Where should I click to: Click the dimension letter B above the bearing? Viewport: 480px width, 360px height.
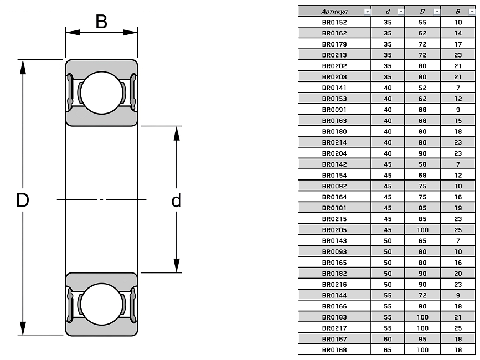(101, 22)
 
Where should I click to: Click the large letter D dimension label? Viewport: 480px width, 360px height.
(22, 200)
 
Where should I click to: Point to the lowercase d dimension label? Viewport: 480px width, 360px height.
(176, 200)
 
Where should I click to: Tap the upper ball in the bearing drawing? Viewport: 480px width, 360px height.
(102, 92)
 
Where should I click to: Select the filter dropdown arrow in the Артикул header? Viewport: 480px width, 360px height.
(367, 11)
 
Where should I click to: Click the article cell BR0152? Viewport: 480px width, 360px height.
(334, 22)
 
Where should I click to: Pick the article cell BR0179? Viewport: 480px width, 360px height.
(334, 44)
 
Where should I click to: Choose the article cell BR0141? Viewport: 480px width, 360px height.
(334, 88)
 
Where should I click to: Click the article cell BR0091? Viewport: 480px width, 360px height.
(334, 110)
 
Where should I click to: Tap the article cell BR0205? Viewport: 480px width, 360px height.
(334, 230)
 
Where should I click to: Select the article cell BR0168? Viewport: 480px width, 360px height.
(334, 350)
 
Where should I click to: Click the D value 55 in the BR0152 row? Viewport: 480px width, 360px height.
(422, 22)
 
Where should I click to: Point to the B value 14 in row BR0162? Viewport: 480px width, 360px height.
(458, 33)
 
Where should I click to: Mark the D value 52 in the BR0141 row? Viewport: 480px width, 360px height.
(422, 88)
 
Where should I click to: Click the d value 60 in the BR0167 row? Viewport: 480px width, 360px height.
(388, 339)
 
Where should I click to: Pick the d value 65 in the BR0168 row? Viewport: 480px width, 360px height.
(388, 350)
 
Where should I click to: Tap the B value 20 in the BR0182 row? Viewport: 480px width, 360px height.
(458, 274)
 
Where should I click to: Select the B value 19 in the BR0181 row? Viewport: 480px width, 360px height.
(458, 208)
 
